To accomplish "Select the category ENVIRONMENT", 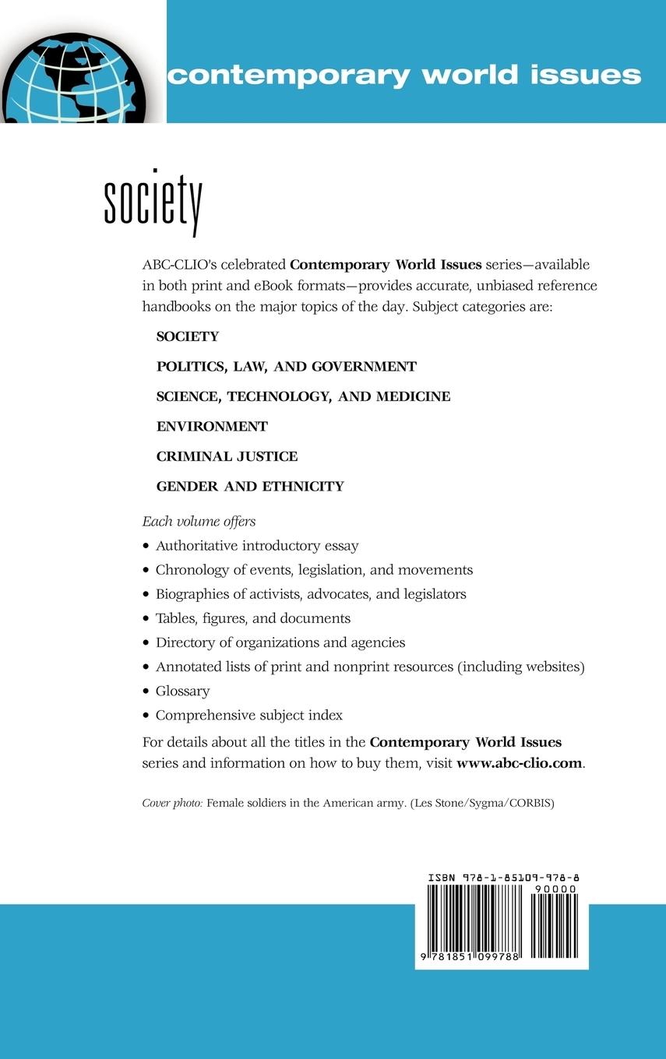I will (212, 427).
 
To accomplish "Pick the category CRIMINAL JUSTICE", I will (227, 456).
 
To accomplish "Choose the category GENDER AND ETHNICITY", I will (250, 486).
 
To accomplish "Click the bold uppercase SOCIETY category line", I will (188, 336).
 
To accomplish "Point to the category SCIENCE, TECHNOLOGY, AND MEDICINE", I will (303, 396).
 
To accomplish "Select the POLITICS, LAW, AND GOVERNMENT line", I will (286, 366).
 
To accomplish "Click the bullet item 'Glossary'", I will (182, 691).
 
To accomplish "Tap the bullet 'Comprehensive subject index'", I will (248, 715).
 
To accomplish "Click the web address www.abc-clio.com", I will (519, 763).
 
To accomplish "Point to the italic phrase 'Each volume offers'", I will (199, 522).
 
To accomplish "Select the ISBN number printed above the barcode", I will (503, 878).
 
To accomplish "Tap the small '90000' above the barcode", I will (556, 888).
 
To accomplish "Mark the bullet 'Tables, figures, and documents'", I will (252, 618).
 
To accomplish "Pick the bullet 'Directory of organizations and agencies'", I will (280, 642).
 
